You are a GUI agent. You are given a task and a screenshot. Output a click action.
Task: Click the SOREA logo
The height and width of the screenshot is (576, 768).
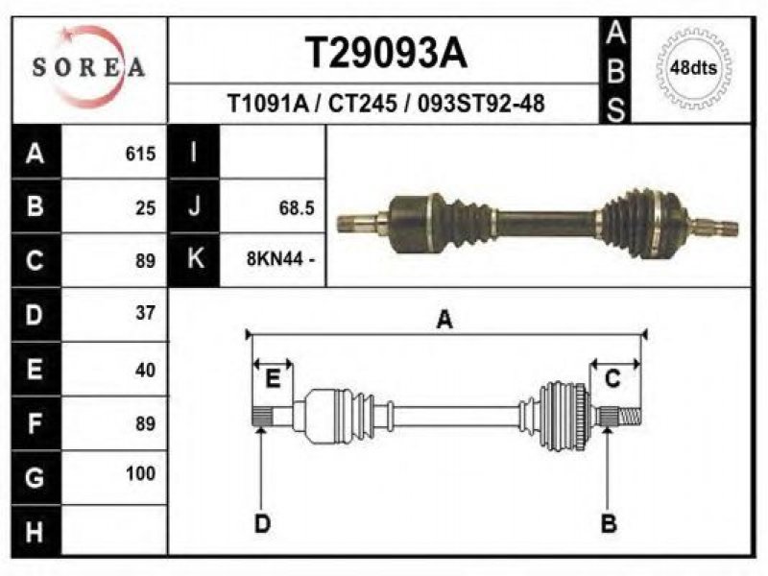click(x=88, y=67)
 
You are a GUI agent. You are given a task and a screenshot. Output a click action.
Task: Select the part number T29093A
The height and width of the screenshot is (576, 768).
click(x=386, y=53)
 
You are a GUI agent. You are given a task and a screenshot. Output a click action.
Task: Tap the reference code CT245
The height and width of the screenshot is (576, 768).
click(x=363, y=104)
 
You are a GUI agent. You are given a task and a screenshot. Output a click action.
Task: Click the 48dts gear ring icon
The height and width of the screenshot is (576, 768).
click(x=694, y=67)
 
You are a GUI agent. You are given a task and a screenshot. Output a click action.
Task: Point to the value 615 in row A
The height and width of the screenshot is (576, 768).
click(x=140, y=154)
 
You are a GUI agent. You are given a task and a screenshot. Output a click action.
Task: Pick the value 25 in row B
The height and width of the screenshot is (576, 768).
click(x=146, y=208)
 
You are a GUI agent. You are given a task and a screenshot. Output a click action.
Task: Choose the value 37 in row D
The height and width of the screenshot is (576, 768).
click(x=146, y=313)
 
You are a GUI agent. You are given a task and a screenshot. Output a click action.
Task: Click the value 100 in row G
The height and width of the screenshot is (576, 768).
click(x=140, y=473)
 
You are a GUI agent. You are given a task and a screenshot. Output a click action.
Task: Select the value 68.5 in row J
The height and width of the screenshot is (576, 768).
click(x=297, y=208)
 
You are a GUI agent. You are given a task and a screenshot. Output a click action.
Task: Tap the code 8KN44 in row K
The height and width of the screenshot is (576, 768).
click(x=275, y=258)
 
